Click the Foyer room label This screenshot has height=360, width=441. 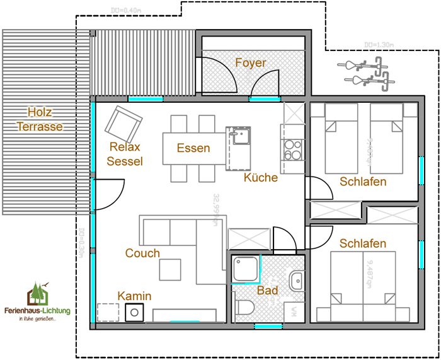coord(251,63)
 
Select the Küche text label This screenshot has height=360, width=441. coord(261,177)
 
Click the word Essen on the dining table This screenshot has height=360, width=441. coord(193,148)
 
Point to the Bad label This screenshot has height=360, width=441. coord(268,291)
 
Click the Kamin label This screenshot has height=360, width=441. coord(135,296)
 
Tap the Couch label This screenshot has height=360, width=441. coord(142,253)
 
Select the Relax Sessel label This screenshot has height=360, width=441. coord(125,154)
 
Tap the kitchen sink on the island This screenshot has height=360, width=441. coord(239,136)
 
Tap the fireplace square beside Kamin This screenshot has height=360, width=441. coord(134,312)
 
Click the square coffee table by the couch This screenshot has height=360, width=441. coord(171,269)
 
